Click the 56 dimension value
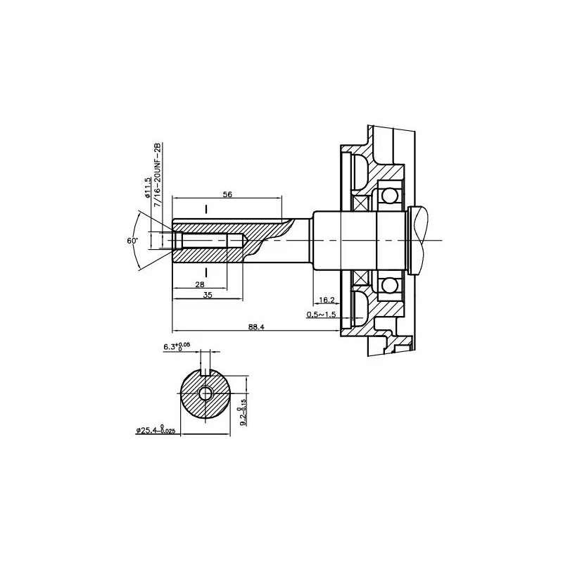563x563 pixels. click(x=227, y=194)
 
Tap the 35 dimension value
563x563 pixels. click(x=207, y=296)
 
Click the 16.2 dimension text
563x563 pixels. click(x=326, y=299)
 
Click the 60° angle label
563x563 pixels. click(x=132, y=241)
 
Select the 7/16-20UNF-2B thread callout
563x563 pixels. click(x=158, y=172)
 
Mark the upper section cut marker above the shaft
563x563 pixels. click(x=206, y=209)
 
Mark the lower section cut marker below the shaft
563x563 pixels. click(x=206, y=271)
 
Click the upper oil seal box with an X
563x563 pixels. click(x=361, y=203)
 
